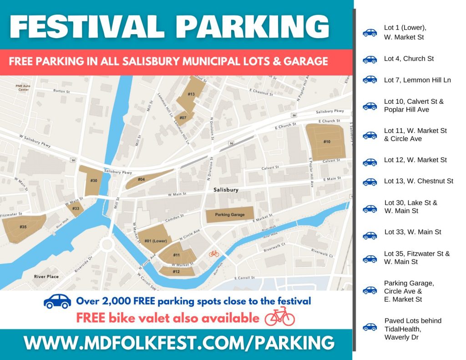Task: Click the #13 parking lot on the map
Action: tap(192, 94)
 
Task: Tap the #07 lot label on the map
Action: tap(183, 118)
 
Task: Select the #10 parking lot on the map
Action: tap(327, 142)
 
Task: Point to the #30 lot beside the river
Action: tap(93, 181)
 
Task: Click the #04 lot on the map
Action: tap(142, 180)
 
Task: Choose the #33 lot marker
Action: tap(76, 209)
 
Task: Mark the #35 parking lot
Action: tap(23, 227)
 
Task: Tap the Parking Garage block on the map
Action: tap(230, 215)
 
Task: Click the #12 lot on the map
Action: tap(176, 272)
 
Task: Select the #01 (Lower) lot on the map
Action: tap(155, 240)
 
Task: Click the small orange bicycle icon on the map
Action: tap(213, 254)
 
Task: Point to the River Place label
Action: tap(46, 277)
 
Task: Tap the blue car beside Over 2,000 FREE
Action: tap(57, 301)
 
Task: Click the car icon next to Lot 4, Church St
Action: tap(370, 59)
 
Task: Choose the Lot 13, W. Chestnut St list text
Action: tap(418, 181)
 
